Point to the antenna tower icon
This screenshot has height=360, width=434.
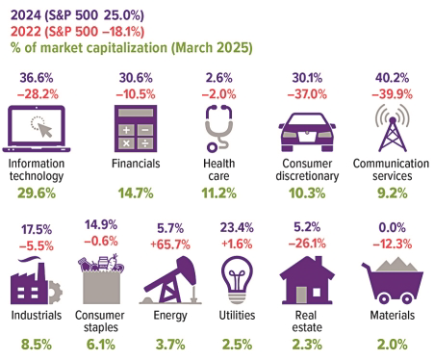[390, 128]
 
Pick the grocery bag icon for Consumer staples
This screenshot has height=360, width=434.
[108, 279]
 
